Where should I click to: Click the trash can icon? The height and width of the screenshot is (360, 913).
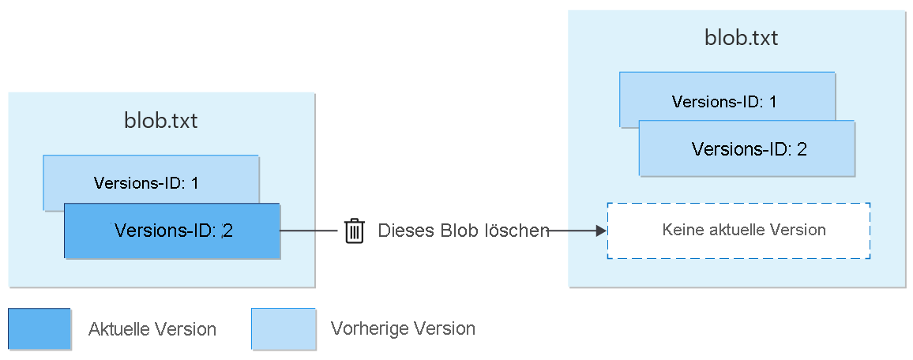[355, 231]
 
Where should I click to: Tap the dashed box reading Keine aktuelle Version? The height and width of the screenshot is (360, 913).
[738, 231]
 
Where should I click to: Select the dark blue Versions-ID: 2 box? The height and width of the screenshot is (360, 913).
[172, 231]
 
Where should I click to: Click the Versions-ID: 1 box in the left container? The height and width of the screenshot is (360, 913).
[146, 183]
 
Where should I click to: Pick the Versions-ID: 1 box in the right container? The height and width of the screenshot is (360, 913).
[724, 101]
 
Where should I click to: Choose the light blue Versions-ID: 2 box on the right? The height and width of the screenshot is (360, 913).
[746, 148]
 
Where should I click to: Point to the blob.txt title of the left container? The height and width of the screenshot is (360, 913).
[161, 121]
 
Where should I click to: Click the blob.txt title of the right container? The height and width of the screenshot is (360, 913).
[741, 38]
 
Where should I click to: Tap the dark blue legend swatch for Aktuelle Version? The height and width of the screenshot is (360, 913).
[39, 328]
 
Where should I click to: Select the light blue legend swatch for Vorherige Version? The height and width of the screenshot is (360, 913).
[283, 328]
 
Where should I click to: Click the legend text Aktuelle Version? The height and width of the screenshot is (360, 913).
[152, 329]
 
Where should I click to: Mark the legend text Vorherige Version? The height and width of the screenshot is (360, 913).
[403, 328]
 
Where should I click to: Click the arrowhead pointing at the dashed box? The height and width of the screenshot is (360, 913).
[601, 231]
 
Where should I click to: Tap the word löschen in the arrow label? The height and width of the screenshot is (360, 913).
[519, 231]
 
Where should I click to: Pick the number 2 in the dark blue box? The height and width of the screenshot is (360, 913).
[227, 231]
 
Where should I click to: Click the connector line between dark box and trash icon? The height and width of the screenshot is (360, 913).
[309, 231]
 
